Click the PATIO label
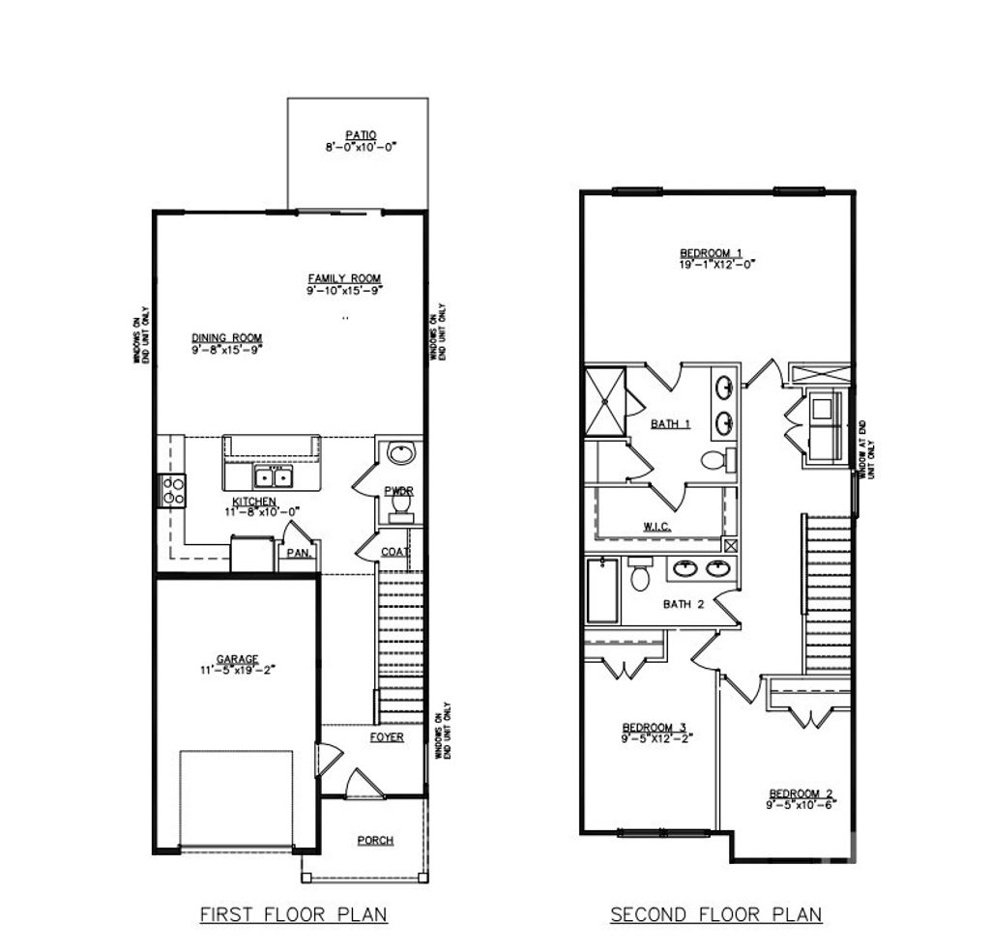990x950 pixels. (x=361, y=135)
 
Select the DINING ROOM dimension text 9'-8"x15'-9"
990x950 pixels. (x=227, y=351)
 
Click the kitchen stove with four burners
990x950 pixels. (x=173, y=491)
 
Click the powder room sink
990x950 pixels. (x=398, y=453)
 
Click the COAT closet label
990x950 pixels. (x=393, y=552)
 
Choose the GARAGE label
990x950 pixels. (x=237, y=659)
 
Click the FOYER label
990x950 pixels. (x=387, y=737)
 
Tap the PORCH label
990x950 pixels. (x=375, y=840)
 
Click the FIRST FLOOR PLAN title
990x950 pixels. (x=293, y=913)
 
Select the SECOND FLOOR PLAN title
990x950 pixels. (x=715, y=913)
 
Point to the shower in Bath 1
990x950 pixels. (x=605, y=400)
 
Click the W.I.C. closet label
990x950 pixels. (x=657, y=527)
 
